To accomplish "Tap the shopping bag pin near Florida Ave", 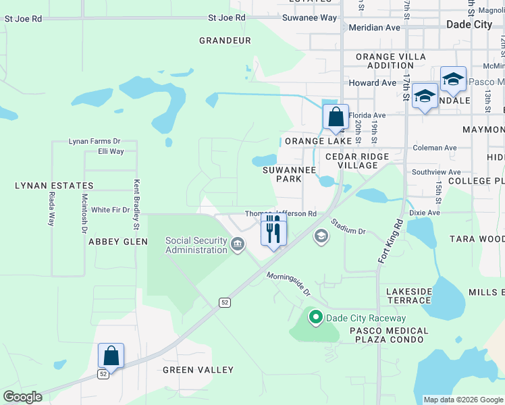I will click(x=336, y=117).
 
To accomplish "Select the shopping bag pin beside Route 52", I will click(x=111, y=356).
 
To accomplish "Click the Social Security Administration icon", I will click(x=238, y=244).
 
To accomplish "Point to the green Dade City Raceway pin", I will click(x=315, y=317).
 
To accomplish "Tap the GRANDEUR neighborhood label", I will click(x=225, y=40).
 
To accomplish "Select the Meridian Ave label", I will click(x=374, y=28).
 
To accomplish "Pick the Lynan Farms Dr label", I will click(x=95, y=142).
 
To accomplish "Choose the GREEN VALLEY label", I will click(x=198, y=370).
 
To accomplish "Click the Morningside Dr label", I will click(x=288, y=284).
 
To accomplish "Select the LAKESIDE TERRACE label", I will click(x=408, y=296).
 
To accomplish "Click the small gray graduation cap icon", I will click(x=321, y=236).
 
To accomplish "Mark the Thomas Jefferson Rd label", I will click(x=281, y=214).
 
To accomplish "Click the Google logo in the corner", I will click(x=22, y=397).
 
